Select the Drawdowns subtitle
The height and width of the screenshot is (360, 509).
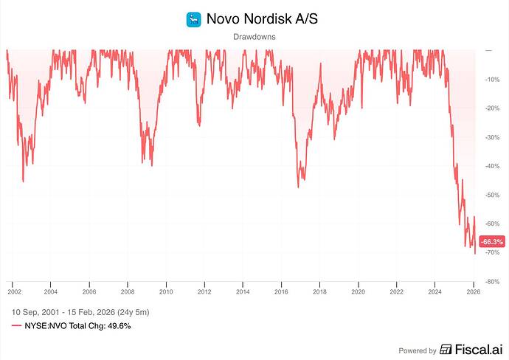(x=254, y=36)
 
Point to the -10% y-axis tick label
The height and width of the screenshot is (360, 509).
(x=491, y=79)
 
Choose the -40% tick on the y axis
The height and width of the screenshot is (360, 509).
(x=491, y=166)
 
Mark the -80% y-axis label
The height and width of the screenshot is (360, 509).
(x=491, y=282)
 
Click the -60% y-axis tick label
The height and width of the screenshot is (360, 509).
(x=491, y=224)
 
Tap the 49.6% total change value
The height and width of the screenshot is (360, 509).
(x=119, y=325)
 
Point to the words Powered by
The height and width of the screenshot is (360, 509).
(x=418, y=350)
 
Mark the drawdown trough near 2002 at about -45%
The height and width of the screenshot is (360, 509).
(x=23, y=181)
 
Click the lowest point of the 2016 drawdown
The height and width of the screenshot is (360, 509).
(x=298, y=187)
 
